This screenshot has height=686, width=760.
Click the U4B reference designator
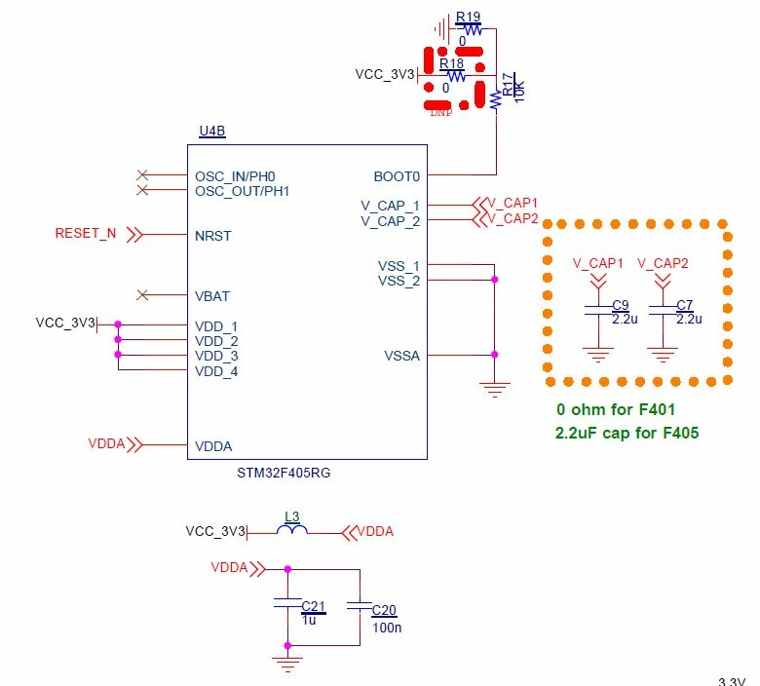tap(212, 131)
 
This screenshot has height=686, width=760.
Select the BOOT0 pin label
tap(397, 176)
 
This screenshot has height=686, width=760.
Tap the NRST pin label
tap(212, 236)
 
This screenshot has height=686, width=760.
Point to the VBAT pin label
tap(211, 296)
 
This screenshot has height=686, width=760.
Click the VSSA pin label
tap(401, 356)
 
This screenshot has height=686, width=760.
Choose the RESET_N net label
tap(86, 233)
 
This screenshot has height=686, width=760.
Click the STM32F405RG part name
tap(284, 473)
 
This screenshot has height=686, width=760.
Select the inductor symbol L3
tap(291, 529)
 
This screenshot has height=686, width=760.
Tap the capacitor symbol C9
tap(599, 310)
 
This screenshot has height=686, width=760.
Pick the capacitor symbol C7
tap(664, 310)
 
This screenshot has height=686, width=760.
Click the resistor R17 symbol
tap(496, 99)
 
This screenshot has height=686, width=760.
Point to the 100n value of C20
tap(387, 628)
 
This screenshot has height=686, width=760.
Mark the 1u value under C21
tap(309, 620)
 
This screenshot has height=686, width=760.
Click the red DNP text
tap(441, 112)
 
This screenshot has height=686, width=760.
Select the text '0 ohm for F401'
tap(616, 409)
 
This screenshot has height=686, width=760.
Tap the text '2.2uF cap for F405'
tap(627, 433)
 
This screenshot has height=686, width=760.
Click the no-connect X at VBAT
tap(142, 294)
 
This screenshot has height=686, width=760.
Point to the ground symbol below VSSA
tap(494, 390)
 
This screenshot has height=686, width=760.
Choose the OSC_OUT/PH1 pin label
tap(242, 192)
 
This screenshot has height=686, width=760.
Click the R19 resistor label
tap(468, 17)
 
